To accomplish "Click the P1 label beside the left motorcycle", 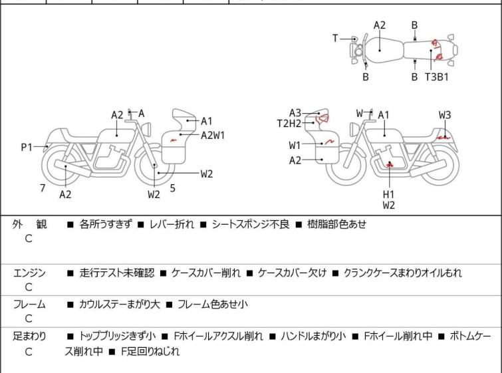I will click(26, 147).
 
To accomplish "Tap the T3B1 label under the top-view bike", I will click(437, 77).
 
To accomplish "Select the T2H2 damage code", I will click(289, 123).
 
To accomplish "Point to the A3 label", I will click(295, 112).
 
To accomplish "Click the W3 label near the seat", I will click(445, 115).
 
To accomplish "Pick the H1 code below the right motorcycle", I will click(388, 194).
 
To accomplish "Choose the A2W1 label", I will click(213, 134).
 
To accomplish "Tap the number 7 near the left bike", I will click(43, 188).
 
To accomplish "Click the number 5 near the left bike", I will click(172, 188).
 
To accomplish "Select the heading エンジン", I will click(30, 273).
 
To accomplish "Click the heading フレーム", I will click(30, 305).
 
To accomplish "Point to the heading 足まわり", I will click(30, 336).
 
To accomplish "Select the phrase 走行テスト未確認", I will click(116, 273).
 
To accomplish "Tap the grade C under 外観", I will click(29, 239).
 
